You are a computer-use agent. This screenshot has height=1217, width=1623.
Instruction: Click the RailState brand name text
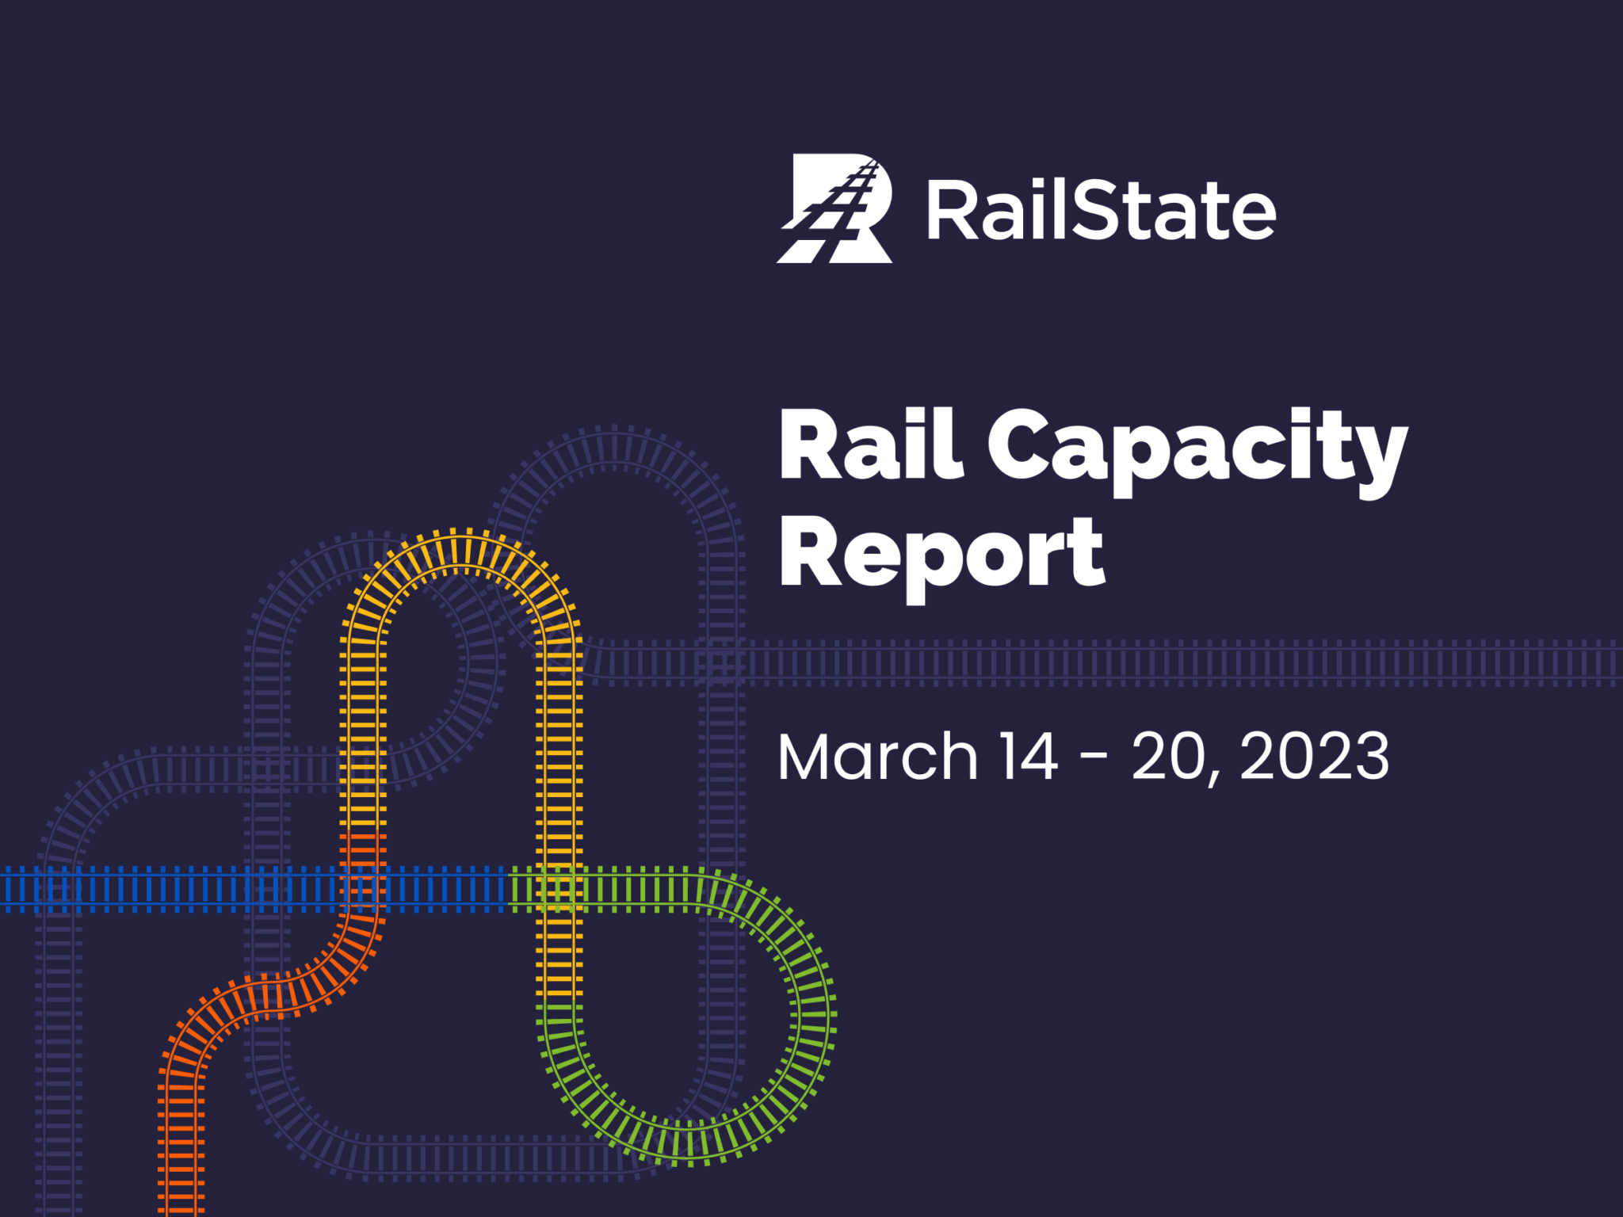pyautogui.click(x=1101, y=211)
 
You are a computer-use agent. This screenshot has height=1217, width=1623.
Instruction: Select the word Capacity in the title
pyautogui.click(x=1197, y=448)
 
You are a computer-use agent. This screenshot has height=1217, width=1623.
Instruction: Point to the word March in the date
pyautogui.click(x=877, y=757)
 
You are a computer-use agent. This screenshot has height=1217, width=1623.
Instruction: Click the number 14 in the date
pyautogui.click(x=1028, y=757)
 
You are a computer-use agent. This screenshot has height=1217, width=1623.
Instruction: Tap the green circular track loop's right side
pyautogui.click(x=814, y=1015)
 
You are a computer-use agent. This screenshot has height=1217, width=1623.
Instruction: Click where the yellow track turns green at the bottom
pyautogui.click(x=559, y=1003)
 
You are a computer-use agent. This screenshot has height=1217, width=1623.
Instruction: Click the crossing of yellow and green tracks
pyautogui.click(x=559, y=889)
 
